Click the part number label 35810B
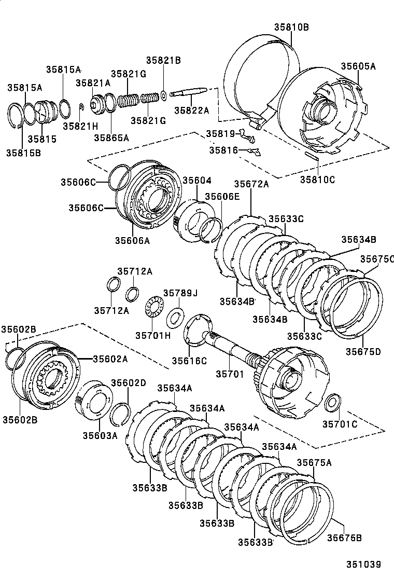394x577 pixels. click(291, 27)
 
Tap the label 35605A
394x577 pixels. click(358, 66)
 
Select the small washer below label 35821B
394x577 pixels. click(163, 94)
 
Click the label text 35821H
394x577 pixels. click(80, 126)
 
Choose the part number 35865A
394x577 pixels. click(111, 138)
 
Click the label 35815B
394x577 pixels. click(24, 153)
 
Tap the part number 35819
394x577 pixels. click(220, 133)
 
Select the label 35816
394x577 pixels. click(223, 150)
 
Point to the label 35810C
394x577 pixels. click(317, 180)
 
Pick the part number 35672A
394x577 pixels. click(251, 184)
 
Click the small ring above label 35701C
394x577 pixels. click(333, 402)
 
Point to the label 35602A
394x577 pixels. click(110, 358)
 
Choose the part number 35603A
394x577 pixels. click(100, 435)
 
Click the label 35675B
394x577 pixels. click(344, 538)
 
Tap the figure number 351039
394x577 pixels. click(364, 564)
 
